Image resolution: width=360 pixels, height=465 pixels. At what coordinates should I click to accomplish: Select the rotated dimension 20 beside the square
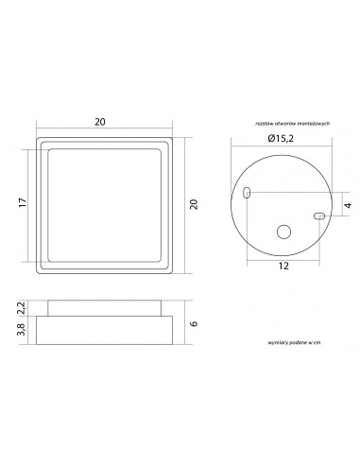click(x=194, y=204)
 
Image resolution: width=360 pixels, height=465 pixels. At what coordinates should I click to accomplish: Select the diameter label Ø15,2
click(x=284, y=139)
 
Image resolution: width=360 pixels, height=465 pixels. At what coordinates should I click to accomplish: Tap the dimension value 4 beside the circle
click(x=348, y=205)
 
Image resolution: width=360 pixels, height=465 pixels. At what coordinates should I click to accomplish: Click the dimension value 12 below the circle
click(x=283, y=267)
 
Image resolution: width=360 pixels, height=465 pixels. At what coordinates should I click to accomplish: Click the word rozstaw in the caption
click(x=265, y=124)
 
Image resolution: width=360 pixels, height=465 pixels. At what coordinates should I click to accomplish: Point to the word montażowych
click(x=313, y=124)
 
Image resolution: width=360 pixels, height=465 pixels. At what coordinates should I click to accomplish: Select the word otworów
click(x=286, y=124)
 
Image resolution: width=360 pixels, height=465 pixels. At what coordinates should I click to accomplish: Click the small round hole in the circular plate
click(x=283, y=232)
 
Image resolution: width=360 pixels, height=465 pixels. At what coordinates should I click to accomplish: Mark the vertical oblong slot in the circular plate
click(x=247, y=193)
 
